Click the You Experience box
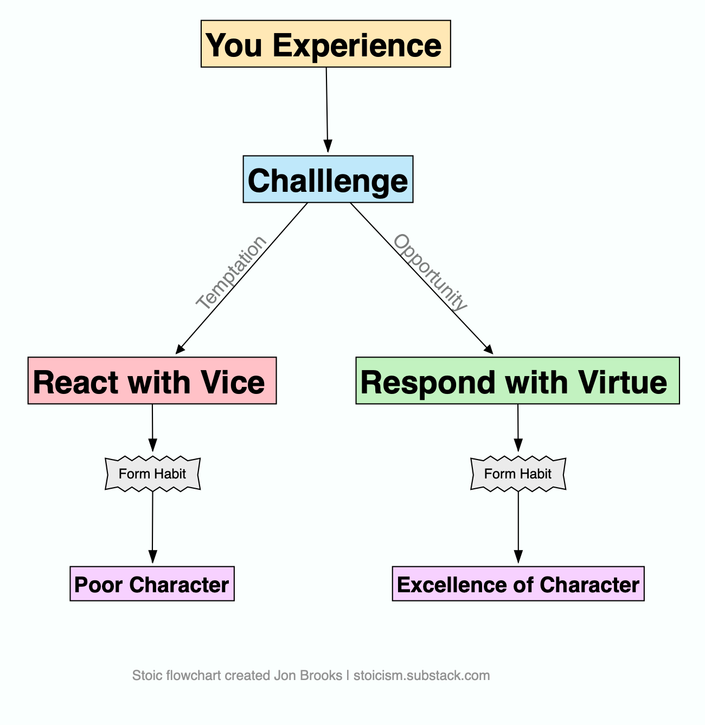click(x=325, y=44)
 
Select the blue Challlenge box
click(x=328, y=179)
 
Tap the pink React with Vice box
click(x=152, y=381)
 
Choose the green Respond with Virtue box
click(x=517, y=381)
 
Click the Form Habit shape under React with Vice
click(x=152, y=474)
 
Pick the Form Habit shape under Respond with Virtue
click(x=518, y=474)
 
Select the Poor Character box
click(x=152, y=584)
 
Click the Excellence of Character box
click(x=518, y=584)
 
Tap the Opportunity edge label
click(x=430, y=273)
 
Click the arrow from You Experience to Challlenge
click(x=327, y=108)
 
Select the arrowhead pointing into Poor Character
click(x=152, y=557)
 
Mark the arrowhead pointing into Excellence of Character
click(x=518, y=557)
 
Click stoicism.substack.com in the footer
click(x=421, y=676)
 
